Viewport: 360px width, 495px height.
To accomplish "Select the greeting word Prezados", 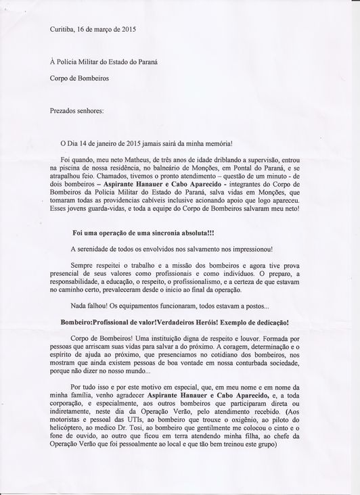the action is click(x=64, y=109).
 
